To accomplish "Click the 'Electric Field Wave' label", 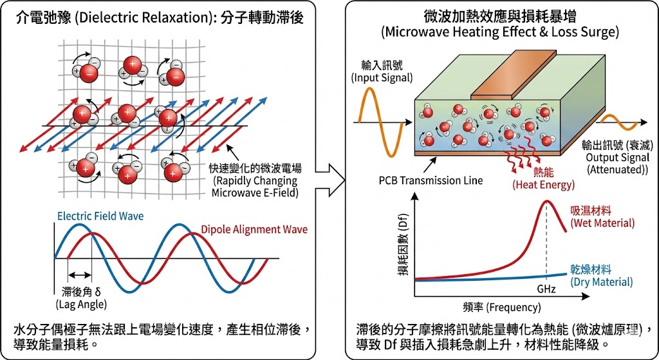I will [100, 216].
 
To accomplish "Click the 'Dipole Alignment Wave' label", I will [254, 229].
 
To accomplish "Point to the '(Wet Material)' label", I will [602, 223].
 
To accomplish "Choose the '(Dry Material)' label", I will [602, 281].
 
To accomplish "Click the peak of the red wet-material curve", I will [547, 202].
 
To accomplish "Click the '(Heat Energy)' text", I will [542, 185].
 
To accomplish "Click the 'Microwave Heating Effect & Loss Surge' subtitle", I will [499, 32].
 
